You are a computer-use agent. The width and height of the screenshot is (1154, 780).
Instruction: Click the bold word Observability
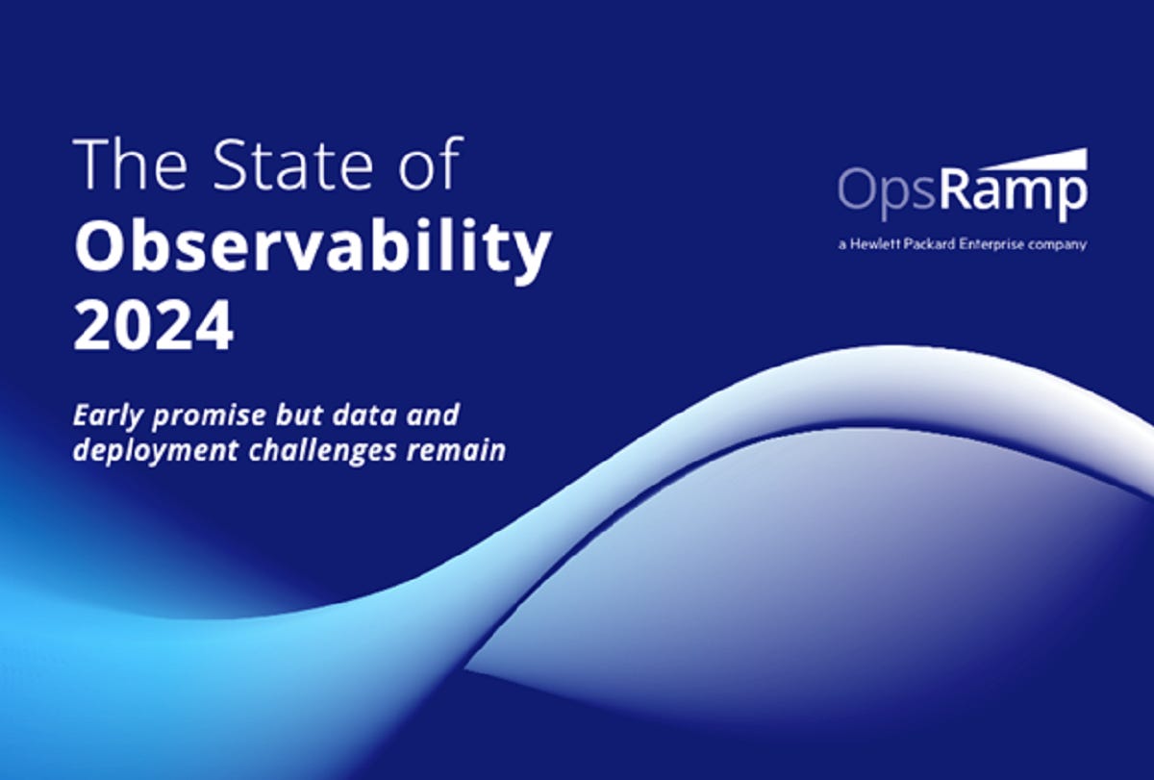click(313, 248)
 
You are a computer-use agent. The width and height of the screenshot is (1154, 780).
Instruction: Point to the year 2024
click(153, 326)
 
